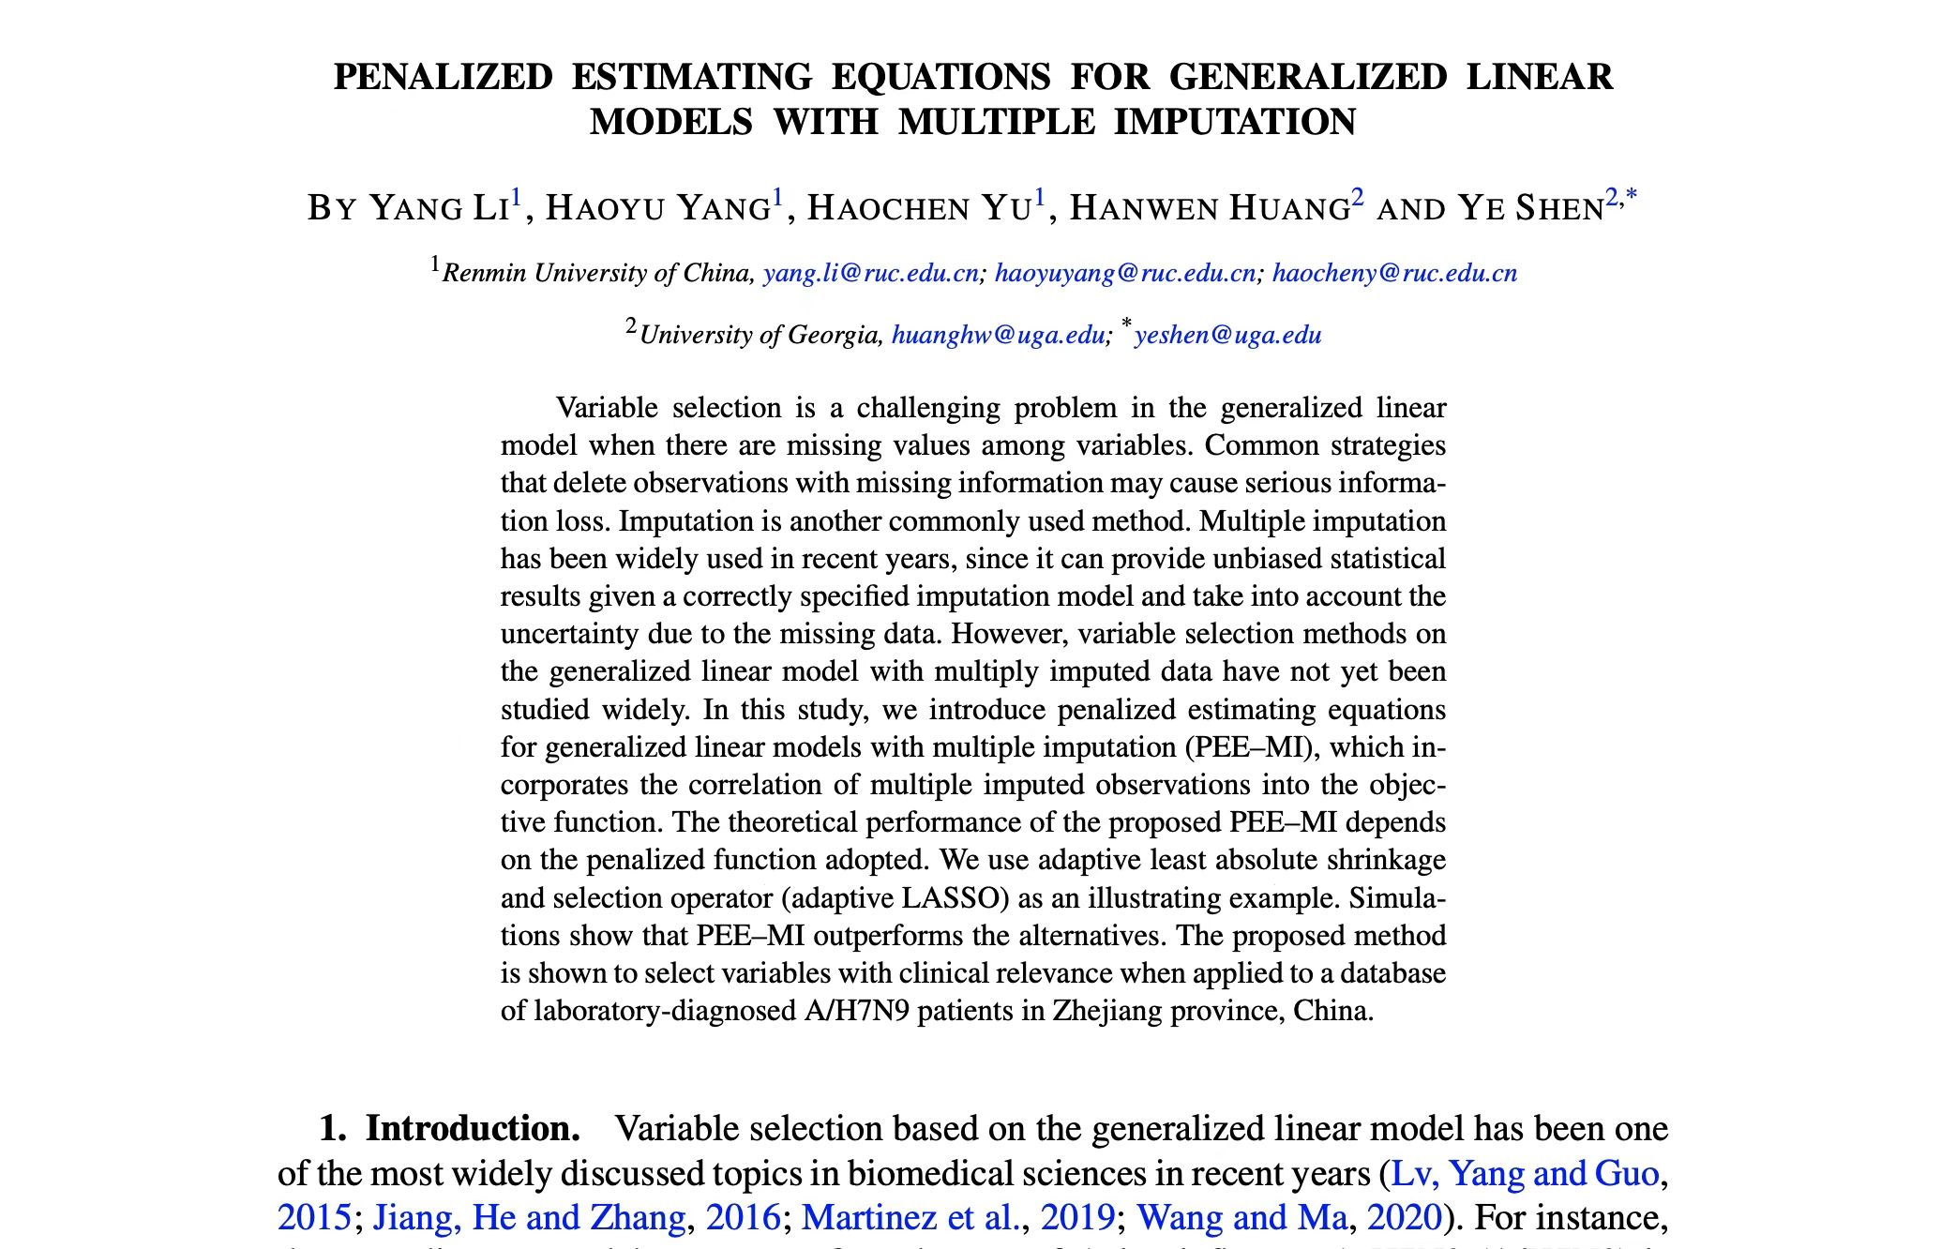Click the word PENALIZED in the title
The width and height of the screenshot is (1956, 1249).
pos(443,77)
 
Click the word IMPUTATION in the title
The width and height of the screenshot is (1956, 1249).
pos(1235,122)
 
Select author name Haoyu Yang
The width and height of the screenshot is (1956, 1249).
pos(658,207)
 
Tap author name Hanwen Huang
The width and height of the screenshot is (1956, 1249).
pos(1210,207)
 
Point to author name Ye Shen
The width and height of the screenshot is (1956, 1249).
pos(1530,207)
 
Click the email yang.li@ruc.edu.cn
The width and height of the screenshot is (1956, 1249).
pos(871,273)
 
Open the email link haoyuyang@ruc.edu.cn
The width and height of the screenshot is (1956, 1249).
pos(1124,273)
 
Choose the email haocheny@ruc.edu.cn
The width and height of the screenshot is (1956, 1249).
pos(1394,273)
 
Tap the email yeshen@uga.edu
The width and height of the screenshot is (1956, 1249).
pos(1227,335)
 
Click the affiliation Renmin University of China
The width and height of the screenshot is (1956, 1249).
pos(597,273)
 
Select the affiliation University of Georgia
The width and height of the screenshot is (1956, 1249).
pos(760,335)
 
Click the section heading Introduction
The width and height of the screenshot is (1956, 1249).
pos(473,1128)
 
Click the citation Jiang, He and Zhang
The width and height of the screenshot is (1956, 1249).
pos(529,1217)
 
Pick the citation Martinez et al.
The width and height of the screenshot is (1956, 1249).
pos(910,1217)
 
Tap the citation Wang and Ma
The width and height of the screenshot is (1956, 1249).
pos(1241,1217)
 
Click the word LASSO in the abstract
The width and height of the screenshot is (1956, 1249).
pos(949,898)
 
